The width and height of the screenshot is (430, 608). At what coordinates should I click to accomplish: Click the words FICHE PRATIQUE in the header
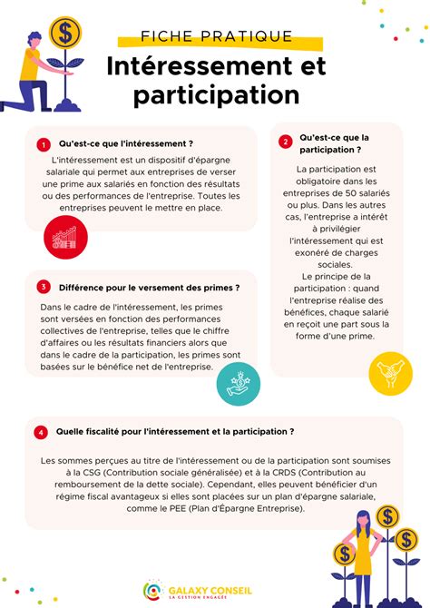[217, 36]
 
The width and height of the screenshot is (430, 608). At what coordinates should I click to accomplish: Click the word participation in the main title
[216, 94]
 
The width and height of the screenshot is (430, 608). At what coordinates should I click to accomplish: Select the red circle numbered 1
[43, 144]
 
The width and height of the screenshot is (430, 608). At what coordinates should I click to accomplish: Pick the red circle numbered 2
[285, 142]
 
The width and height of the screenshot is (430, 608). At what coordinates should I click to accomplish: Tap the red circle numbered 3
[43, 287]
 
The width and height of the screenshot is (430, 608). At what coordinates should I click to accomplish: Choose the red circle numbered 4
[41, 433]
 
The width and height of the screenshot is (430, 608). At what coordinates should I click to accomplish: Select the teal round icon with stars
[234, 385]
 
